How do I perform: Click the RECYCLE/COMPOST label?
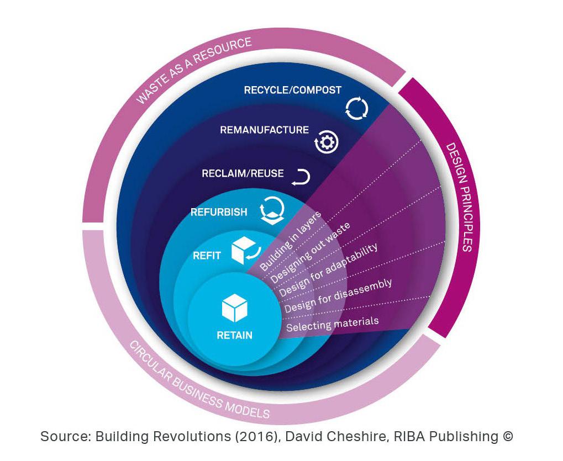pyautogui.click(x=293, y=90)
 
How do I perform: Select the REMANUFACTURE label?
pyautogui.click(x=264, y=130)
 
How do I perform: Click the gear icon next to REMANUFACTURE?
pyautogui.click(x=327, y=142)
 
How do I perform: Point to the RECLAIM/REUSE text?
pyautogui.click(x=243, y=174)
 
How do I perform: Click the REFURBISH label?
pyautogui.click(x=219, y=212)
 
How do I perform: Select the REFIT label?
pyautogui.click(x=207, y=256)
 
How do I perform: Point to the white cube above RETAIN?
pyautogui.click(x=235, y=308)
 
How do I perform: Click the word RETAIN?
pyautogui.click(x=235, y=336)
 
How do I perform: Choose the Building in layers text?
pyautogui.click(x=290, y=241)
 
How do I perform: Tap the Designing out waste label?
pyautogui.click(x=310, y=253)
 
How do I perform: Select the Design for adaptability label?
pyautogui.click(x=328, y=270)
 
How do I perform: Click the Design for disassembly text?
pyautogui.click(x=338, y=295)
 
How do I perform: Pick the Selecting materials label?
pyautogui.click(x=333, y=324)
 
